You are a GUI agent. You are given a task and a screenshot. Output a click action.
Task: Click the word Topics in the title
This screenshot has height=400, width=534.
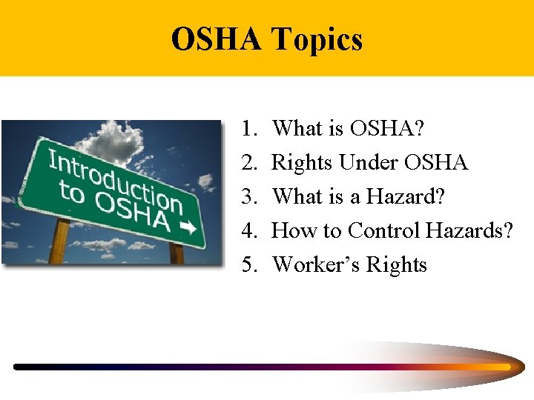(317, 39)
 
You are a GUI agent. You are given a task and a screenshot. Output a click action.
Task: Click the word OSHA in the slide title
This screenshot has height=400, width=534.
(216, 39)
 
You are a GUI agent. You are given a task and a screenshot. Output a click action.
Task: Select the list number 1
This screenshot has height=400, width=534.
(248, 129)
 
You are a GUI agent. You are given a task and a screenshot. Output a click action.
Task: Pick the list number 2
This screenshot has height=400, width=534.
(248, 163)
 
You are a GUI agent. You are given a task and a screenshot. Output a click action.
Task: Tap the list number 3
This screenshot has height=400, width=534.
(248, 197)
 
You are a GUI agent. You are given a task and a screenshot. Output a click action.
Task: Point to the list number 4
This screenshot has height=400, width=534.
(248, 231)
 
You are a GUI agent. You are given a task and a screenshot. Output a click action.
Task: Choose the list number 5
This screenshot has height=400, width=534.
(248, 265)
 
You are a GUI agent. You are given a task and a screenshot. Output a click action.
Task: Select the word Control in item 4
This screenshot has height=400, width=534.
(385, 231)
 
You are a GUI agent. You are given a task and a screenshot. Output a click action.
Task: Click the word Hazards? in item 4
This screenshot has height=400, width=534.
(469, 231)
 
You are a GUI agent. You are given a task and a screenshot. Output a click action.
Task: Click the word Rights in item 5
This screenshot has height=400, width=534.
(400, 265)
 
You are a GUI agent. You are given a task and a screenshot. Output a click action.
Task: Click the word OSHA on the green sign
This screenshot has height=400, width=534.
(133, 213)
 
